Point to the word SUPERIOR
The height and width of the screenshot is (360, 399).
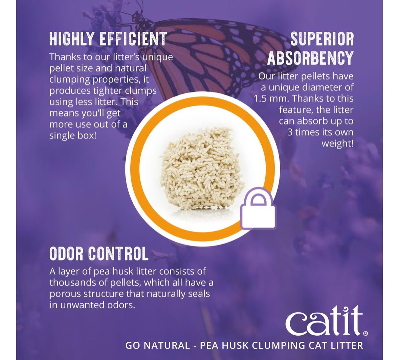pyautogui.click(x=322, y=39)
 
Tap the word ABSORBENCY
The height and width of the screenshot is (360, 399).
pyautogui.click(x=310, y=59)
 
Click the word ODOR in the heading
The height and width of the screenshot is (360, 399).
pyautogui.click(x=66, y=253)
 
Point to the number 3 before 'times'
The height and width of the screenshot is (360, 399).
pyautogui.click(x=290, y=132)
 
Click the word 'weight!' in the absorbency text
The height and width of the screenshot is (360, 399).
pyautogui.click(x=337, y=143)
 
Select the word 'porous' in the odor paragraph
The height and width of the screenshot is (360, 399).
pyautogui.click(x=65, y=294)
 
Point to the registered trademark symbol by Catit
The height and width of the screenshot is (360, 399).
pyautogui.click(x=365, y=334)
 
